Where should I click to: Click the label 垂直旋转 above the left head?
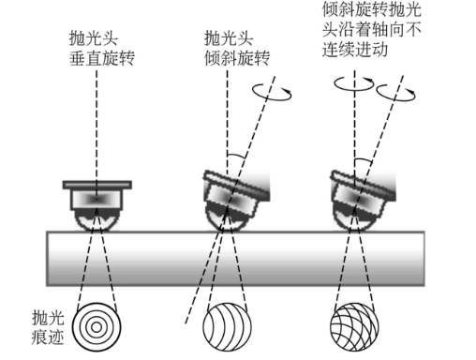tap(102, 58)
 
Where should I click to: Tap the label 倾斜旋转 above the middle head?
tap(237, 58)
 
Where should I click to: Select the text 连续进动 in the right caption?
tap(355, 50)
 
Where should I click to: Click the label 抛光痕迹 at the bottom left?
tap(48, 327)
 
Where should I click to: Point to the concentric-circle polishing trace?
tap(97, 327)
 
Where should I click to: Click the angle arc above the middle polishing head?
tap(236, 156)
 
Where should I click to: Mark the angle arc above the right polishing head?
tap(364, 160)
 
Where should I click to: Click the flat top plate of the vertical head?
tap(97, 185)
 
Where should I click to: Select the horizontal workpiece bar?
tap(235, 259)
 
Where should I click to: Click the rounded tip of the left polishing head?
tap(97, 219)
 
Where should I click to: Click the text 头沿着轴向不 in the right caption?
tap(372, 30)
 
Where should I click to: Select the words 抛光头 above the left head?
tap(94, 38)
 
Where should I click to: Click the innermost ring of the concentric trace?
tap(97, 327)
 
